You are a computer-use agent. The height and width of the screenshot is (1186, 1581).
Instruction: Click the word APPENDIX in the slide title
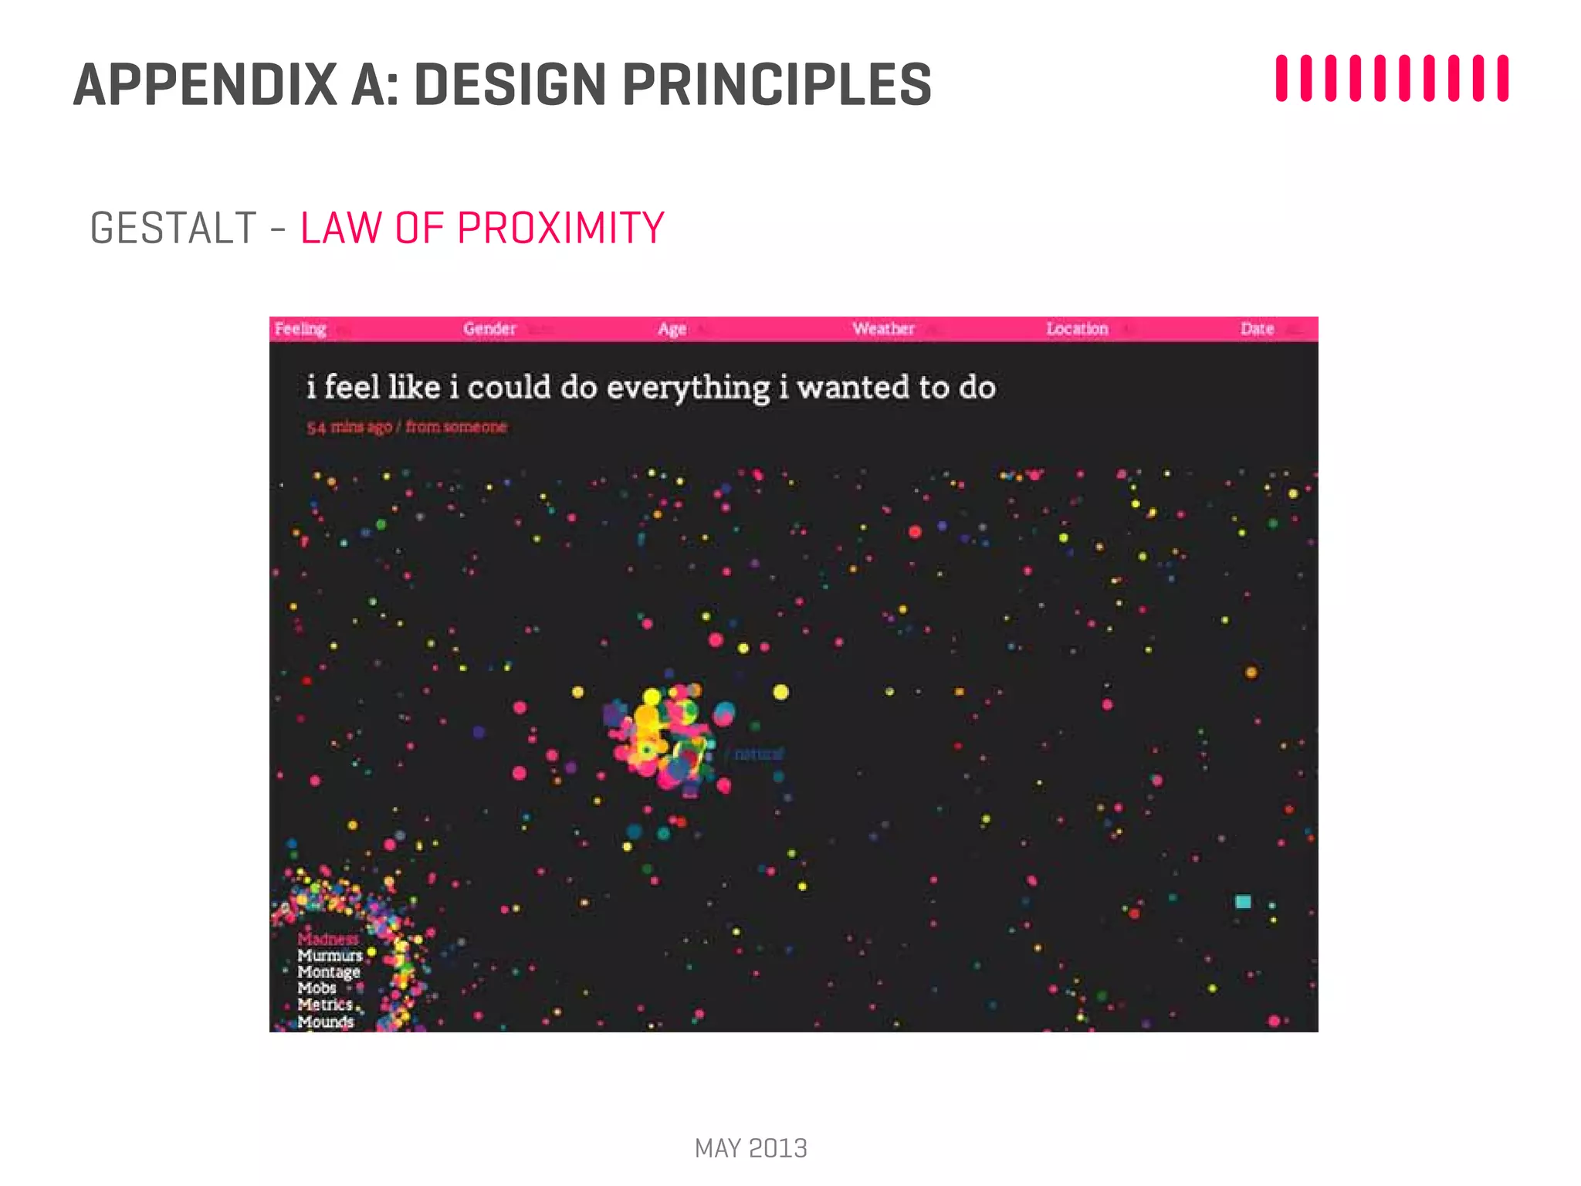pyautogui.click(x=205, y=84)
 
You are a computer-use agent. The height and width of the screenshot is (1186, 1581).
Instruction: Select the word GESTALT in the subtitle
pyautogui.click(x=173, y=229)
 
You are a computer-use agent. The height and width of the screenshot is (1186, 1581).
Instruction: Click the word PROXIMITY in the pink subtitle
pyautogui.click(x=560, y=229)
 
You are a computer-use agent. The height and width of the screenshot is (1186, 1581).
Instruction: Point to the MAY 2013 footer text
pyautogui.click(x=750, y=1148)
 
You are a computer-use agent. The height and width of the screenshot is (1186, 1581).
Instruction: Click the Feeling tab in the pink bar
pyautogui.click(x=300, y=329)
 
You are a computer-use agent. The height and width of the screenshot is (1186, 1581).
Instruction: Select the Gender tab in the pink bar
pyautogui.click(x=489, y=329)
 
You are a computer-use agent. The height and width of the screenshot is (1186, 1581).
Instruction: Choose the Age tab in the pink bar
pyautogui.click(x=672, y=329)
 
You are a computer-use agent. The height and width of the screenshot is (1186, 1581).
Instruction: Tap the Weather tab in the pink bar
pyautogui.click(x=883, y=329)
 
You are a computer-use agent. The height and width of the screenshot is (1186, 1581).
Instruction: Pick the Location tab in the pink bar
pyautogui.click(x=1077, y=329)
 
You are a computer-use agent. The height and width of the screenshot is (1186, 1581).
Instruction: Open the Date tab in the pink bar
pyautogui.click(x=1257, y=329)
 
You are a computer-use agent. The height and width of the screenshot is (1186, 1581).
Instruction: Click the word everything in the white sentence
pyautogui.click(x=688, y=388)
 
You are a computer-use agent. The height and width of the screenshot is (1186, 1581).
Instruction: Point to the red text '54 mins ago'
pyautogui.click(x=349, y=427)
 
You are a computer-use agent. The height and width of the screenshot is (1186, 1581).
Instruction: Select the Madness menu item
pyautogui.click(x=328, y=939)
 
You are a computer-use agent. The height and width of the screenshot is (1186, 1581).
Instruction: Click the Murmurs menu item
pyautogui.click(x=330, y=956)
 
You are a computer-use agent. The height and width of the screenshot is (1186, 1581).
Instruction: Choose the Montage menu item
pyautogui.click(x=329, y=972)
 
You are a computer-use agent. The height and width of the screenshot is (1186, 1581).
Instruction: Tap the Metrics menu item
pyautogui.click(x=325, y=1005)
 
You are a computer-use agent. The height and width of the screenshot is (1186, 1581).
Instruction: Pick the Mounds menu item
pyautogui.click(x=325, y=1022)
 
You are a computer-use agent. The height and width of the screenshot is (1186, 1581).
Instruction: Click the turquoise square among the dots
pyautogui.click(x=1243, y=902)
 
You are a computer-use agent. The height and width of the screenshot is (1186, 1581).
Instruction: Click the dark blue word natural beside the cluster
pyautogui.click(x=758, y=754)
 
